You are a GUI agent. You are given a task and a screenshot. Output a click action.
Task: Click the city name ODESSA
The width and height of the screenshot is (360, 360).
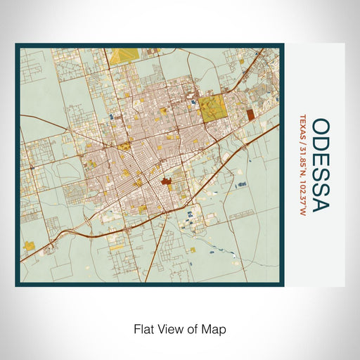321,165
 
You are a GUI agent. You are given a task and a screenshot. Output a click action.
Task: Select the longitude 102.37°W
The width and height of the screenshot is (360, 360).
302,199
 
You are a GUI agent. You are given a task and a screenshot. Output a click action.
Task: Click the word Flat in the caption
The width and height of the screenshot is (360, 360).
143,328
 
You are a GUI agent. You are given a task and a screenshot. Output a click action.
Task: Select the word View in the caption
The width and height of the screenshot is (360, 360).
169,328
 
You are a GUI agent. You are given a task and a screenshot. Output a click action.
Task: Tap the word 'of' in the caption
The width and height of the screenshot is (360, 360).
192,328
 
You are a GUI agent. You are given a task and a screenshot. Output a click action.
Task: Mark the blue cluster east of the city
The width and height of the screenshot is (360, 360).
243,182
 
